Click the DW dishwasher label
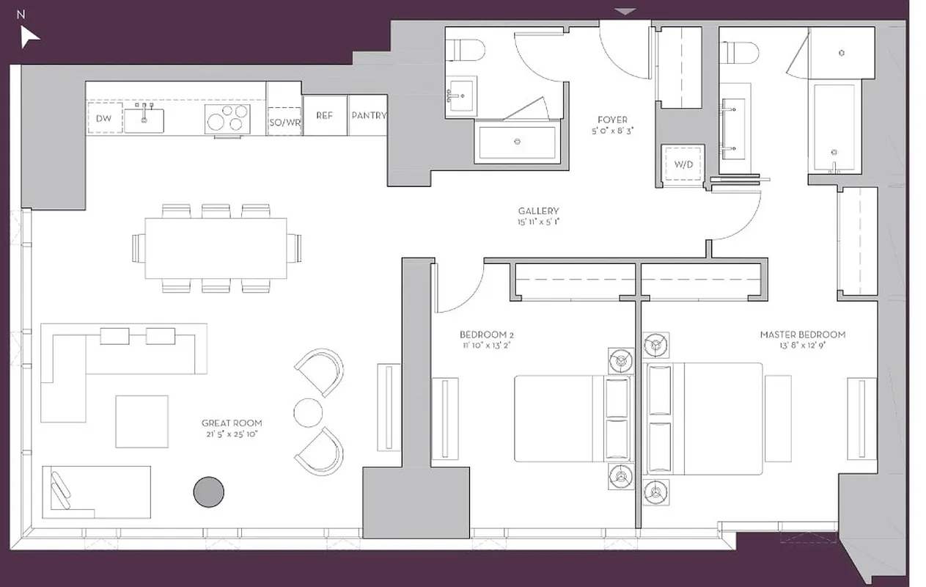click(103, 117)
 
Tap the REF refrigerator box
click(324, 116)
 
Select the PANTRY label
click(368, 116)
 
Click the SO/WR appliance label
click(284, 123)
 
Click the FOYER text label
click(611, 120)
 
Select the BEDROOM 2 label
click(487, 335)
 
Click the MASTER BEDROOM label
click(802, 335)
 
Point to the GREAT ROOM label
click(232, 423)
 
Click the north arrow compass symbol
click(29, 36)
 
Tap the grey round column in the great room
click(208, 492)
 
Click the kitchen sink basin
click(143, 120)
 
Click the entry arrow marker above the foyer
click(625, 11)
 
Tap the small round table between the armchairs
click(308, 412)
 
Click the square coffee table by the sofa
click(142, 421)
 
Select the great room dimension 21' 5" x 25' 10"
click(232, 434)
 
